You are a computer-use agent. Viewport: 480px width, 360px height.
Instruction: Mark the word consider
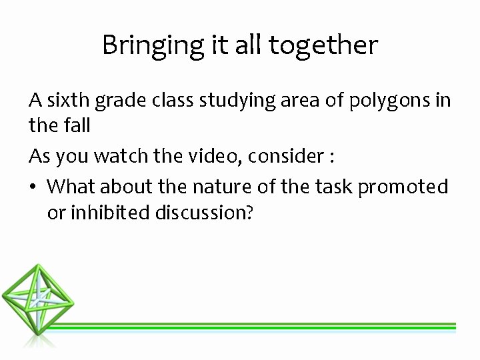click(x=289, y=156)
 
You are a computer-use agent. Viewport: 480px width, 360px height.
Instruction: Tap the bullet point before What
click(x=33, y=187)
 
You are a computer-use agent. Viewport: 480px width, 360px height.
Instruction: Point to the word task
click(x=333, y=187)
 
